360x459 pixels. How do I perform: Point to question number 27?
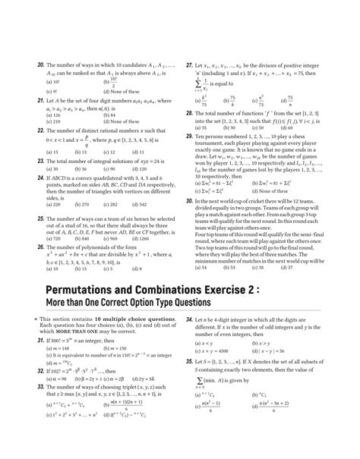coord(188,66)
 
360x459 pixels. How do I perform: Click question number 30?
coord(188,201)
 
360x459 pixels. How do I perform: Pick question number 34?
coord(188,322)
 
